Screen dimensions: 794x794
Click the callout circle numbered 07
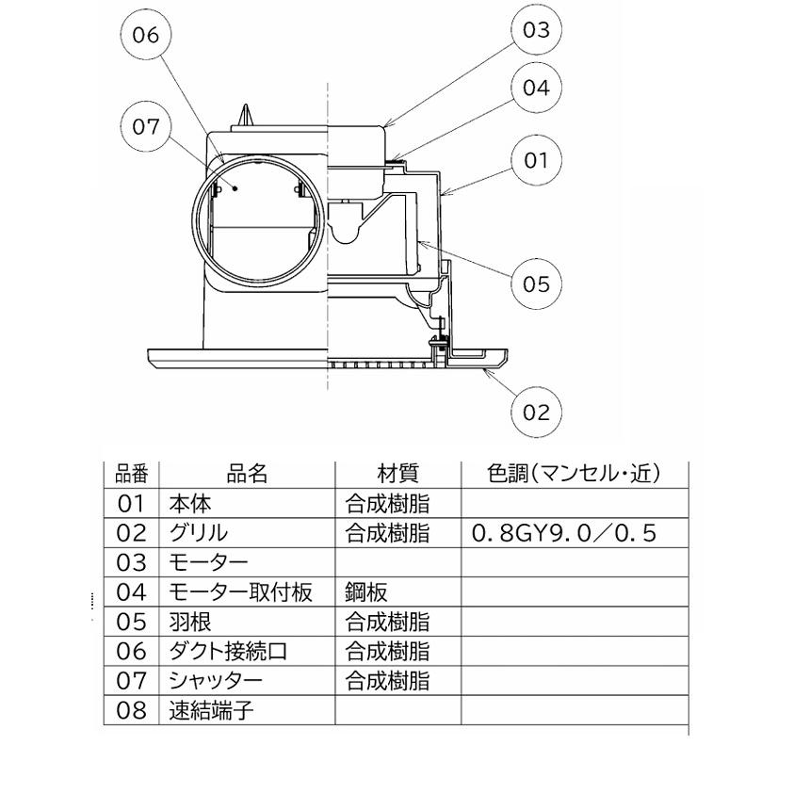pyautogui.click(x=145, y=126)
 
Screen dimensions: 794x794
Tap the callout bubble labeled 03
pyautogui.click(x=536, y=29)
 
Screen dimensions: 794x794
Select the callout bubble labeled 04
pyautogui.click(x=536, y=88)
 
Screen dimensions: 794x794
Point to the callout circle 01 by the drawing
pyautogui.click(x=536, y=160)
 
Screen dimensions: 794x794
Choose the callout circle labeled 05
pyautogui.click(x=536, y=284)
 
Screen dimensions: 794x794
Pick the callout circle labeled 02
pyautogui.click(x=536, y=412)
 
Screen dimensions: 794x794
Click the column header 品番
pyautogui.click(x=132, y=474)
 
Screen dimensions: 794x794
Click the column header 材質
pyautogui.click(x=397, y=474)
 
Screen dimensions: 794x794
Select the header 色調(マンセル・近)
pyautogui.click(x=574, y=474)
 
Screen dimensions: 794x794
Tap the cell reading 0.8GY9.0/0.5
pyautogui.click(x=563, y=533)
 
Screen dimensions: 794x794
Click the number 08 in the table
pyautogui.click(x=132, y=710)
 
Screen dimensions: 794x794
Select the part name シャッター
pyautogui.click(x=216, y=680)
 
